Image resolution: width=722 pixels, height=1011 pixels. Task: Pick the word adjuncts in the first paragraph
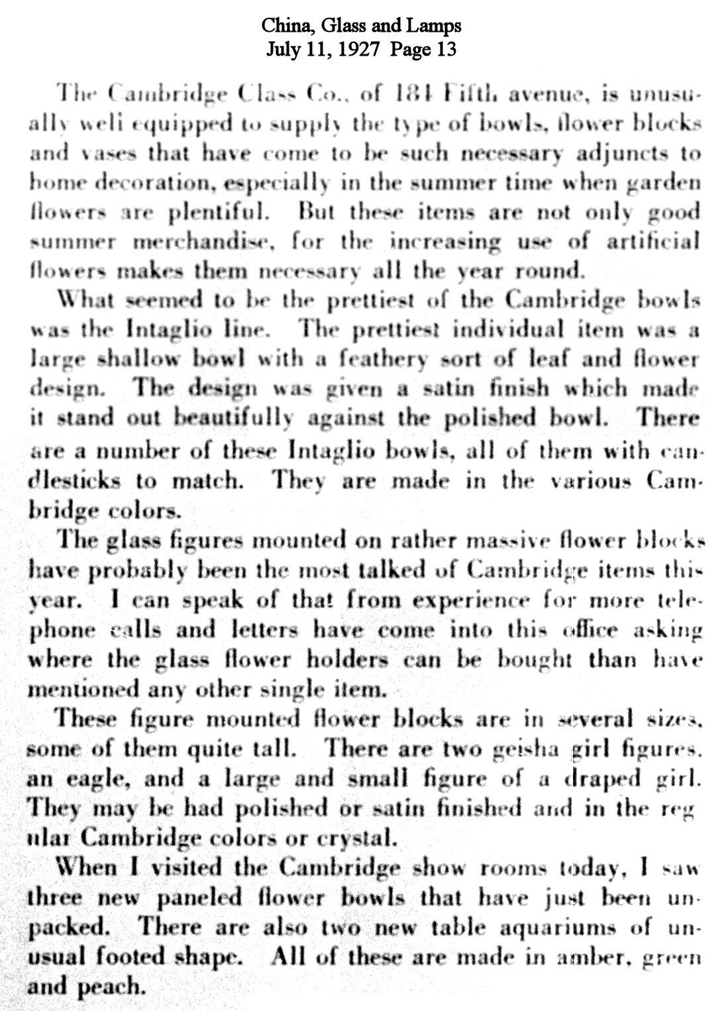628,154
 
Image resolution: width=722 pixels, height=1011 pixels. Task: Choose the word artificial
653,241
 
